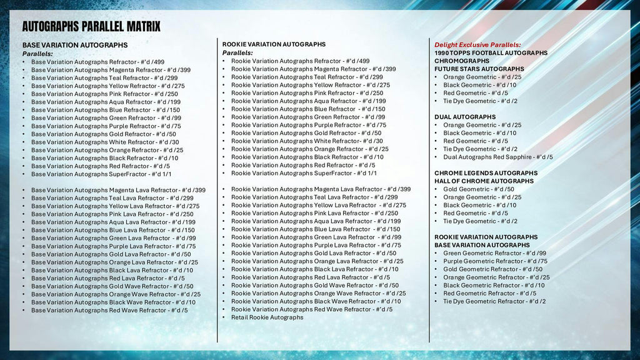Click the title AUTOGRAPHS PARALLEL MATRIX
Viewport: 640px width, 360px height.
[x=91, y=26]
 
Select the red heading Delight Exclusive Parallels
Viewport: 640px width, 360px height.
[x=477, y=45]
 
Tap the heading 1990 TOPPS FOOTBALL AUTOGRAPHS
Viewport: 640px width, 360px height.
[x=491, y=53]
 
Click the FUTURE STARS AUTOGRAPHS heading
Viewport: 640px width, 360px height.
[x=479, y=69]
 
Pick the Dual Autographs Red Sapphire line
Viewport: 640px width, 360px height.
[x=498, y=157]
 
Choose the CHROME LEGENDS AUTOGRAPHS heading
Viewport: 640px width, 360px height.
[x=486, y=173]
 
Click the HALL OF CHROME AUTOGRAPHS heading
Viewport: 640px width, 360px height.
[x=484, y=181]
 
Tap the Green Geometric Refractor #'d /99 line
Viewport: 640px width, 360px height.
[x=491, y=253]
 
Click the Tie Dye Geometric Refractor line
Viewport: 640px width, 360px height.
[x=494, y=301]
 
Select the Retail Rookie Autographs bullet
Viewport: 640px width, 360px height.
[x=267, y=317]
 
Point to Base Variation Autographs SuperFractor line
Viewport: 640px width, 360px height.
[x=101, y=174]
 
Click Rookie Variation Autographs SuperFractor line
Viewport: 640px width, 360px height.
[x=304, y=173]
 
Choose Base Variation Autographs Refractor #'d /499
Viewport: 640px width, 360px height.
[x=98, y=62]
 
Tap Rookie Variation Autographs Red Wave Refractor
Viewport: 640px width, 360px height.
[x=312, y=309]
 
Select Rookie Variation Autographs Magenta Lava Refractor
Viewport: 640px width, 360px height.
[x=321, y=189]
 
